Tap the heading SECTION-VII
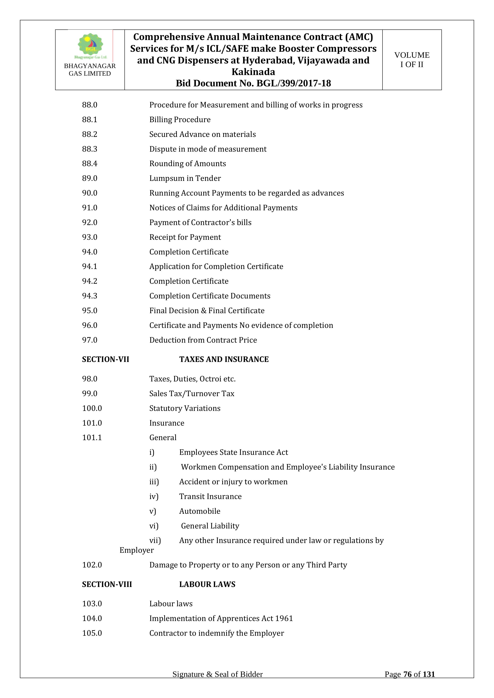pos(105,359)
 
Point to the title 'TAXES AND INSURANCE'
pos(224,359)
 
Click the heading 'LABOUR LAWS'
pos(207,584)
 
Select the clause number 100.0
pos(92,408)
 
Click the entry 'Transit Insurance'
pos(210,496)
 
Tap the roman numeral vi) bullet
pos(154,526)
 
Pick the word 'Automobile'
pos(200,511)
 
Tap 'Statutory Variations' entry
pos(185,408)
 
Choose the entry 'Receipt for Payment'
pos(185,237)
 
